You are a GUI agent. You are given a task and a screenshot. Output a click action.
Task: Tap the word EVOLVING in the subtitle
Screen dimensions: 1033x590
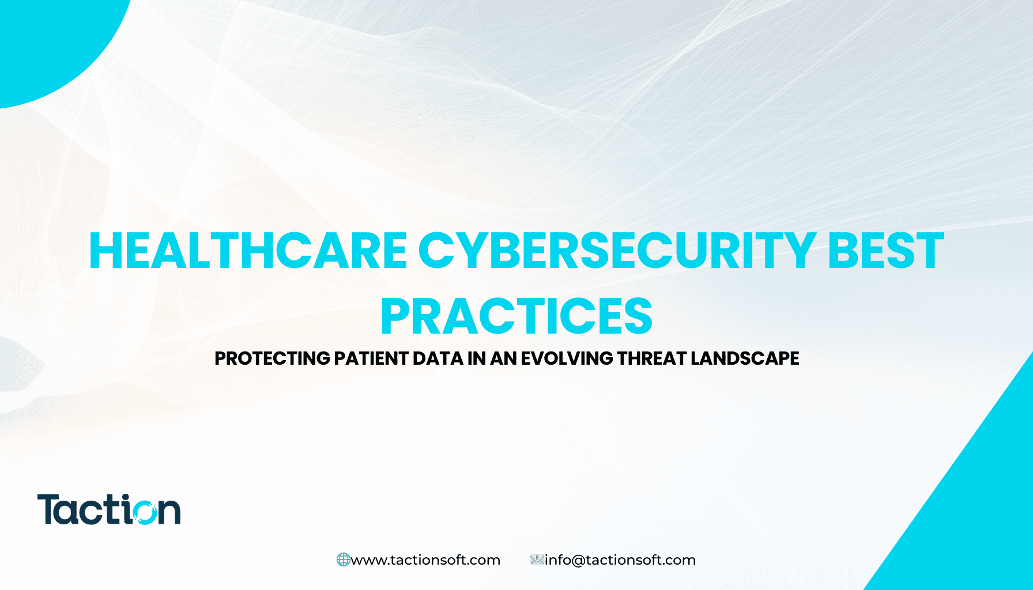coord(567,358)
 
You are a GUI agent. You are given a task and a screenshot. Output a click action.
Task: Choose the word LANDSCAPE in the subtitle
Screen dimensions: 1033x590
coord(745,358)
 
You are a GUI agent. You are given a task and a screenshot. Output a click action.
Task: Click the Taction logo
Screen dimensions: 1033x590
coord(109,509)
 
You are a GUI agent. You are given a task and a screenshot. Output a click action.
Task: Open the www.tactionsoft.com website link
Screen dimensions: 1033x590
coord(425,560)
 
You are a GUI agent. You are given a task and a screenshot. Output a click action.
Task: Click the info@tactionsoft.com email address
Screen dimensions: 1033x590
coord(620,560)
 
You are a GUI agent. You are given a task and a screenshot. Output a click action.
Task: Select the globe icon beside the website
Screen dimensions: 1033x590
coord(343,559)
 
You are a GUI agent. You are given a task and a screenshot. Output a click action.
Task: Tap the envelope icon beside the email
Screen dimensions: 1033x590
coord(537,559)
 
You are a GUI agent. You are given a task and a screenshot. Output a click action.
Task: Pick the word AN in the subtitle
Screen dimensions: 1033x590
coord(503,358)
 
